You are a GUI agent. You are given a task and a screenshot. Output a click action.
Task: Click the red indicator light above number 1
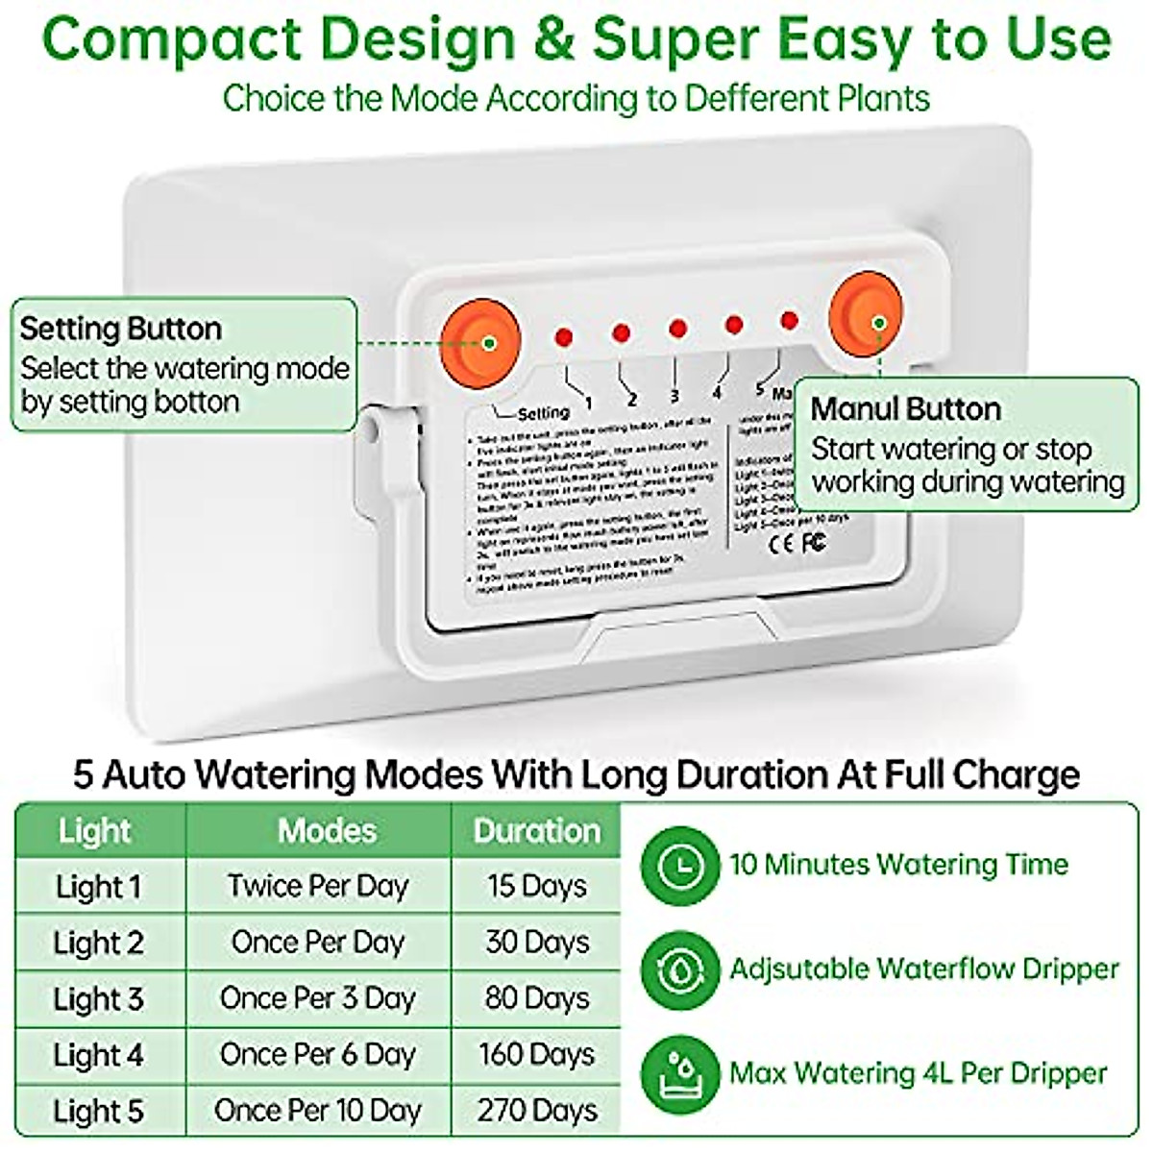(564, 337)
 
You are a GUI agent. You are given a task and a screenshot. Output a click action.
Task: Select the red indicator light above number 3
(677, 329)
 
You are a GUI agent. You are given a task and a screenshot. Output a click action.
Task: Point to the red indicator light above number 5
(790, 319)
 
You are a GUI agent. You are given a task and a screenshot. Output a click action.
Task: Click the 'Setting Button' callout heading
(121, 329)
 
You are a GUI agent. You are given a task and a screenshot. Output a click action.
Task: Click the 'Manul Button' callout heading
(905, 408)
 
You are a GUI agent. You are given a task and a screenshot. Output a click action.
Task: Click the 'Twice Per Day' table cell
(318, 886)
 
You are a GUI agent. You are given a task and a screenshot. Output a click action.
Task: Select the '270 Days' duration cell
(536, 1111)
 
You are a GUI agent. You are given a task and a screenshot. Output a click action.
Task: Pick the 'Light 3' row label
(98, 999)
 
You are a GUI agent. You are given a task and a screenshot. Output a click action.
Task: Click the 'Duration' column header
(536, 831)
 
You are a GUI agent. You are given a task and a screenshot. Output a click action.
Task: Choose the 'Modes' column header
(327, 831)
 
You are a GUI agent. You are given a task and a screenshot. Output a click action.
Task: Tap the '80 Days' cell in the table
(536, 999)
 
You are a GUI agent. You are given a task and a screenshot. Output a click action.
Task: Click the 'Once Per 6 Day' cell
(318, 1055)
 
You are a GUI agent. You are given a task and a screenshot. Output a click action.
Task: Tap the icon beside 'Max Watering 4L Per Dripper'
(680, 1073)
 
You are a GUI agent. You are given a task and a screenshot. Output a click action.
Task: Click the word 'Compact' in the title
(173, 40)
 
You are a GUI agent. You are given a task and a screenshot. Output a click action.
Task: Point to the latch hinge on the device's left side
(383, 452)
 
